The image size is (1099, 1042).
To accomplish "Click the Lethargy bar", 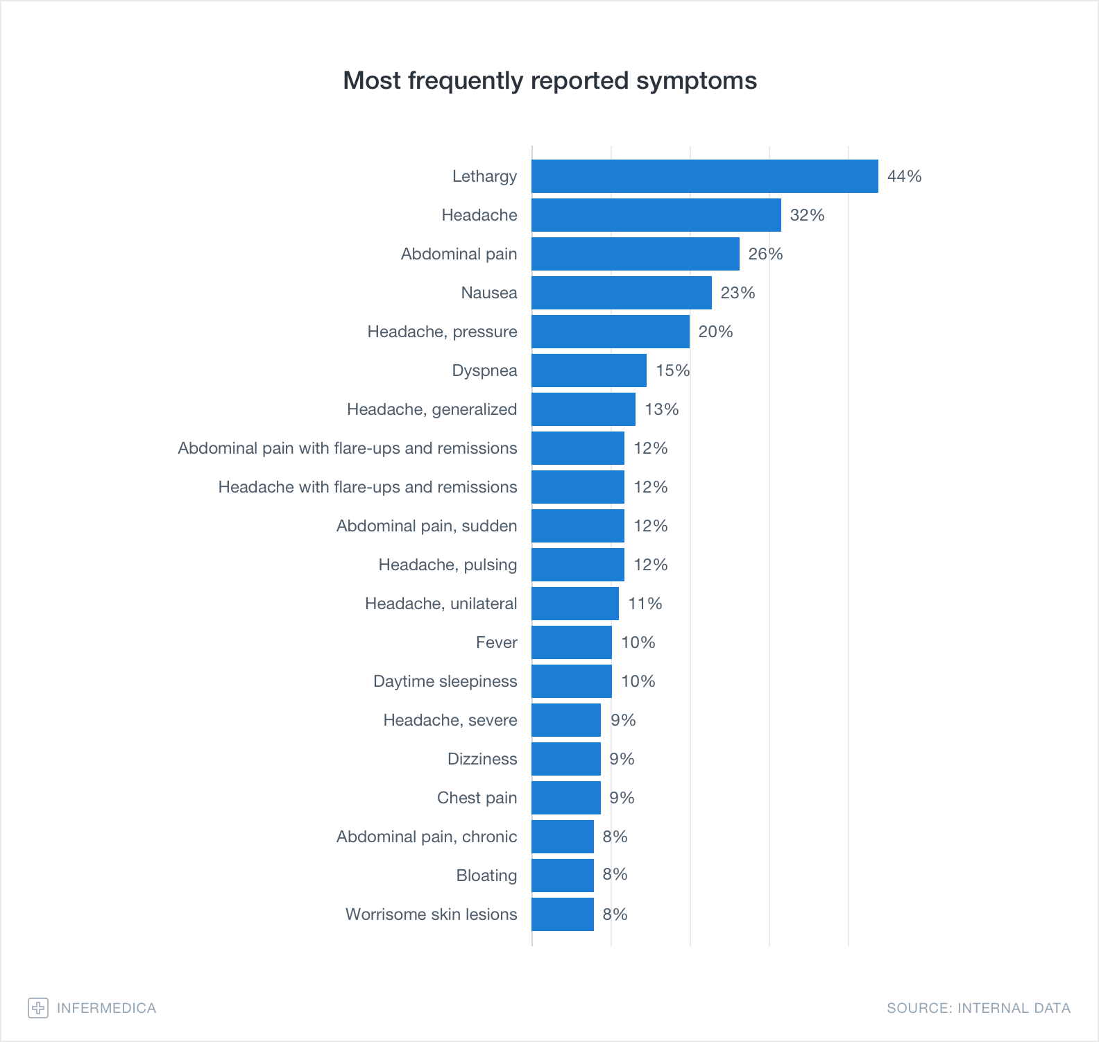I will coord(704,176).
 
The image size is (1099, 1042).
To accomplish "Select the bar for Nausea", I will coord(622,293).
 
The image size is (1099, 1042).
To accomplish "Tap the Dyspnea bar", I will coord(589,370).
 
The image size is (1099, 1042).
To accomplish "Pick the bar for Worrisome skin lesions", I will coord(563,914).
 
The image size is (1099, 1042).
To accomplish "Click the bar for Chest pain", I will coord(566,798).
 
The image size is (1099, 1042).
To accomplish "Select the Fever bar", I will coord(572,642).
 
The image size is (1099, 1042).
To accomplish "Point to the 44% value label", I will coord(904,176).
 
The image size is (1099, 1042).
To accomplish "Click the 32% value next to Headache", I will coord(807,215).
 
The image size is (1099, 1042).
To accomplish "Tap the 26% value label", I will coord(765,254).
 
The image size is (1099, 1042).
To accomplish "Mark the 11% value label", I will coord(645,604).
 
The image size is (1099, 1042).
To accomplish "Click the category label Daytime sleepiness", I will coord(445,681).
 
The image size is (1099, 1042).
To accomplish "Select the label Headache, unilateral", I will coord(441,604).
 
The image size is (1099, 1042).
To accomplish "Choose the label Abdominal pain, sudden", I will coord(426,526).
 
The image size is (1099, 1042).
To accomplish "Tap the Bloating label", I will coord(486,876).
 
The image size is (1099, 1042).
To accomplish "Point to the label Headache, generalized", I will coord(432,409).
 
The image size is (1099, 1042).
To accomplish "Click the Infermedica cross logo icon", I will coord(38,1008).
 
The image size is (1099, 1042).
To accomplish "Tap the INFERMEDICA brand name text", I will coord(106,1008).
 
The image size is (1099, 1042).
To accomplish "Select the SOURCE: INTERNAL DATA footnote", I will coord(978,1008).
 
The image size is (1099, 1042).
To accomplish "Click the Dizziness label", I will coord(482,759).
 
